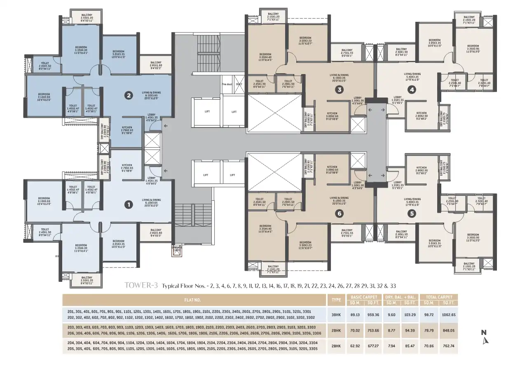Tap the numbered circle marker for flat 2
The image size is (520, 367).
(x=129, y=95)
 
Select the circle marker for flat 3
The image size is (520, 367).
(x=339, y=89)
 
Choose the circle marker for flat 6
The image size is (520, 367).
(x=339, y=213)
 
